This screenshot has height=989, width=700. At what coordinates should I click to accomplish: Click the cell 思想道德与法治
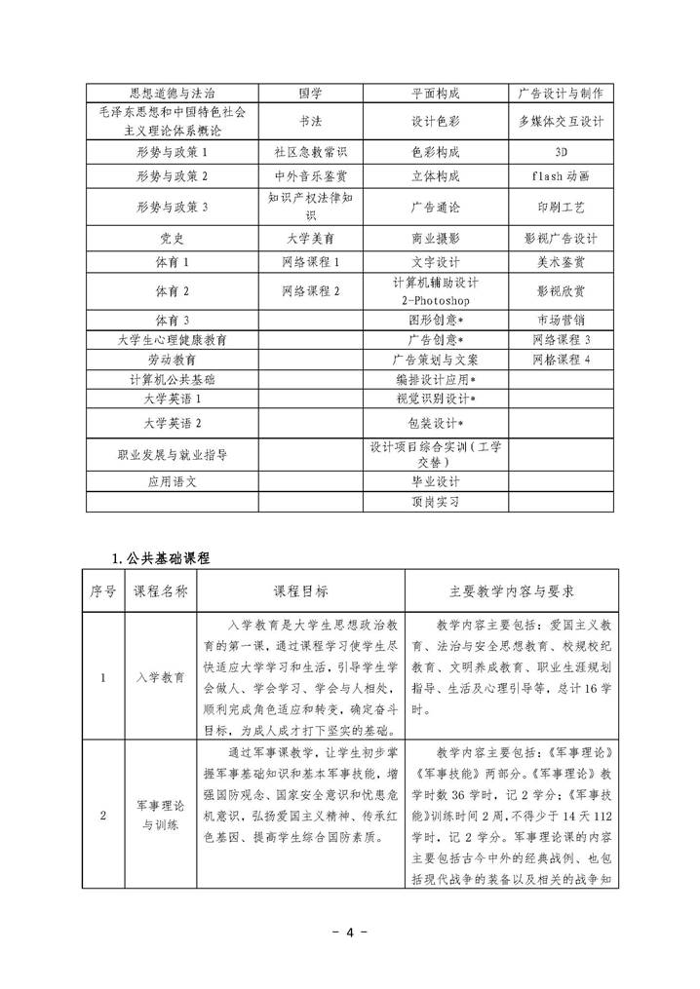(x=172, y=94)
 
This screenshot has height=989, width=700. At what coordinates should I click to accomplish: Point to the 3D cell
(x=561, y=152)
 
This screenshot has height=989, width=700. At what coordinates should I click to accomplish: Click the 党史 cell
(x=172, y=238)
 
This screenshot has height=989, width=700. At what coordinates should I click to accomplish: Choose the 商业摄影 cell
(x=435, y=238)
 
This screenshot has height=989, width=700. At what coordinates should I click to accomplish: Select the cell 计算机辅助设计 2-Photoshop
(x=435, y=290)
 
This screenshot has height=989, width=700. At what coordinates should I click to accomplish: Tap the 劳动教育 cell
(x=172, y=359)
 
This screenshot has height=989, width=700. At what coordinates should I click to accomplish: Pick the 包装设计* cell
(x=435, y=423)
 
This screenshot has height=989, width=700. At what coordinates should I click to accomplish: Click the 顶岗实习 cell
(x=435, y=502)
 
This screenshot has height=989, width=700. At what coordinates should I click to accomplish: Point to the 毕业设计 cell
(x=435, y=481)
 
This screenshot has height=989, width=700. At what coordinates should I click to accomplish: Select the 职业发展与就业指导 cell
(x=172, y=453)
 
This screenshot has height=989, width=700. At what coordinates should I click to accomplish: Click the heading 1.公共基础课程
(x=162, y=557)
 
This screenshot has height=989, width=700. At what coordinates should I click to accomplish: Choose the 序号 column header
(x=103, y=590)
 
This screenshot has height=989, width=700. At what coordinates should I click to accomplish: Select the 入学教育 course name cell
(x=161, y=676)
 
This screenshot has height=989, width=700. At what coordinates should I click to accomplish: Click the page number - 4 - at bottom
(x=350, y=932)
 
